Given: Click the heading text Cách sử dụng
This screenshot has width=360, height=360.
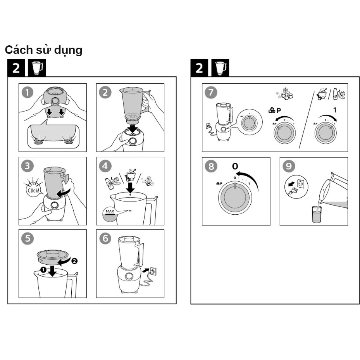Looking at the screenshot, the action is (44, 50).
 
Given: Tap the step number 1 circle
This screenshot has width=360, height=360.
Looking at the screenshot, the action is (28, 93).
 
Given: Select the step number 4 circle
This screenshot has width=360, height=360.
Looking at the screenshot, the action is (105, 166).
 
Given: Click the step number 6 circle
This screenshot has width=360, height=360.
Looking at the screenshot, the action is (105, 238).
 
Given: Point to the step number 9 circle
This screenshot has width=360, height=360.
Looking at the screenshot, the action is (289, 166).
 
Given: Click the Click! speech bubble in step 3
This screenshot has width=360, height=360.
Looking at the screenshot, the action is (33, 190).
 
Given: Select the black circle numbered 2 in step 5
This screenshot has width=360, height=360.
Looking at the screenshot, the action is (74, 261).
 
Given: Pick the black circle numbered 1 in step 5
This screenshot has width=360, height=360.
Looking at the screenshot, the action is (43, 270).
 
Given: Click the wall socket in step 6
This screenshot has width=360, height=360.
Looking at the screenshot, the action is (153, 271).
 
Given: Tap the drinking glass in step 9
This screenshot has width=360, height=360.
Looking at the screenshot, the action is (317, 214).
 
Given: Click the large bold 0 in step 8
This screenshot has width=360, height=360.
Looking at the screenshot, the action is (235, 166).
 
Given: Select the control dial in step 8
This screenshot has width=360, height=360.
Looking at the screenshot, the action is (235, 198).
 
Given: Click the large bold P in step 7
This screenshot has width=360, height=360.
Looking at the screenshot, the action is (279, 111).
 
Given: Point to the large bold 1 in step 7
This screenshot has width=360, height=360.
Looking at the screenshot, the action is (335, 110).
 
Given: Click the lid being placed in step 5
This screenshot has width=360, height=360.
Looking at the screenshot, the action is (53, 257).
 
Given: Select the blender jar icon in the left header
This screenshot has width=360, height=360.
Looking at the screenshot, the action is (37, 68).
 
